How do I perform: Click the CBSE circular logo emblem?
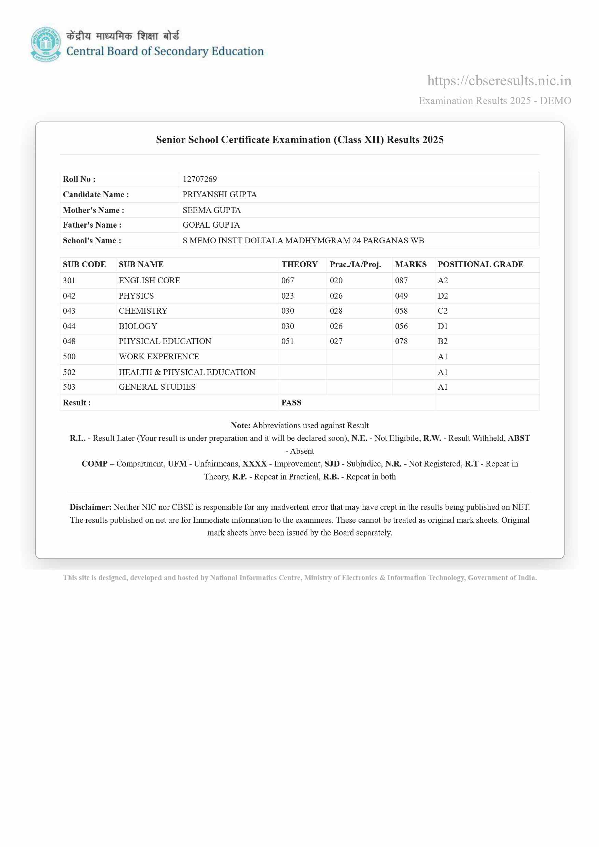pyautogui.click(x=45, y=44)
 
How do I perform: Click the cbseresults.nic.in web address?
pyautogui.click(x=499, y=81)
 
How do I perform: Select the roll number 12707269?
pyautogui.click(x=200, y=179)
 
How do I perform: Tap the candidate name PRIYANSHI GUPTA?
pyautogui.click(x=220, y=195)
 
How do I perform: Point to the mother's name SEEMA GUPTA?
pyautogui.click(x=211, y=210)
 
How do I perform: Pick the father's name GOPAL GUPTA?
pyautogui.click(x=211, y=225)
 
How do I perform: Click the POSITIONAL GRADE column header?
pyautogui.click(x=480, y=264)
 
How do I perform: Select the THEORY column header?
pyautogui.click(x=299, y=264)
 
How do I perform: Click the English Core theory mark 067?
pyautogui.click(x=288, y=281)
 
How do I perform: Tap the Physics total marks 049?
pyautogui.click(x=401, y=296)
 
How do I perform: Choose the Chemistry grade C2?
pyautogui.click(x=443, y=311)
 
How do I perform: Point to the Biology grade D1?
pyautogui.click(x=443, y=326)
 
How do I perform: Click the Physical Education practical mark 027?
pyautogui.click(x=336, y=341)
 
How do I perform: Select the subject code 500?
pyautogui.click(x=69, y=357)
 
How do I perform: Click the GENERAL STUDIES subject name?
pyautogui.click(x=157, y=387)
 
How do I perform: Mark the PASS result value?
pyautogui.click(x=291, y=402)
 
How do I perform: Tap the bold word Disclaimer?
pyautogui.click(x=90, y=507)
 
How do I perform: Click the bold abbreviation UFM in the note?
pyautogui.click(x=177, y=464)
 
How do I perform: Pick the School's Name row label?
pyautogui.click(x=92, y=241)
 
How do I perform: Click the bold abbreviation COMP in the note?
pyautogui.click(x=95, y=464)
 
